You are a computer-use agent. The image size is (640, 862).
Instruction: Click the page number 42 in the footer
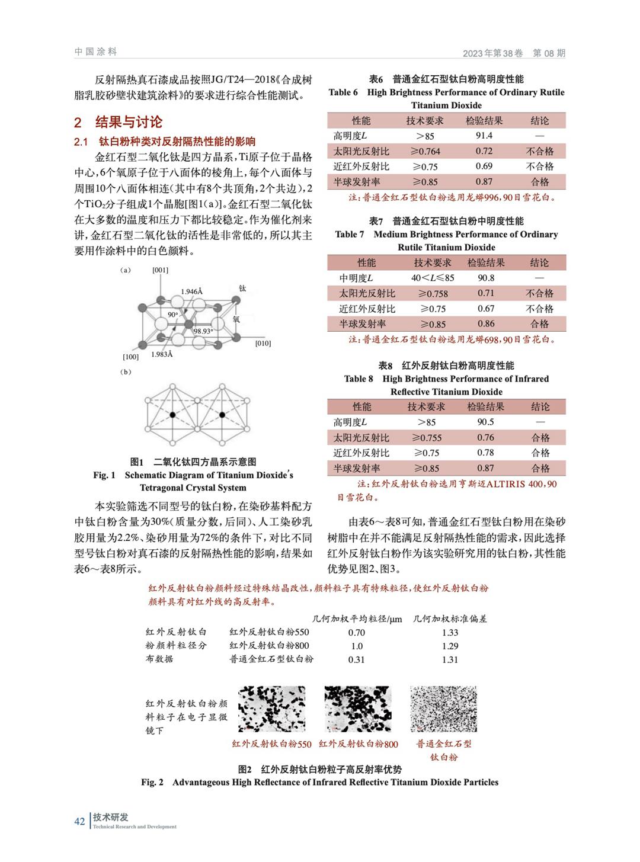point(79,821)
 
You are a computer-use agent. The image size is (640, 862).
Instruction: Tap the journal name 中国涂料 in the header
point(96,52)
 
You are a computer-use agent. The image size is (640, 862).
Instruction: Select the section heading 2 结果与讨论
point(118,122)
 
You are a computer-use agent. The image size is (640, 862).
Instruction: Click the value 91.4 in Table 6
point(484,136)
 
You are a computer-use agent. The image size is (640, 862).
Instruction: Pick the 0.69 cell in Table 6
point(484,166)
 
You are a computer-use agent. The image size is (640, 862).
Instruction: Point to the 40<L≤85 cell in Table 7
point(433,278)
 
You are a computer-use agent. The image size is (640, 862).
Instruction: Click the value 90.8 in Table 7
point(486,278)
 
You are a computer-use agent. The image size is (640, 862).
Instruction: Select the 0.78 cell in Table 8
point(485,453)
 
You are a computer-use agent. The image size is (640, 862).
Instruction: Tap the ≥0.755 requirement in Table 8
point(426,438)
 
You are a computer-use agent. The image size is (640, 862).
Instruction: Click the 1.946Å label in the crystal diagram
point(191,291)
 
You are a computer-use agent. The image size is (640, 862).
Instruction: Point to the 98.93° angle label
point(203,331)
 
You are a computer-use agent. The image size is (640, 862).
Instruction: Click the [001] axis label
point(160,270)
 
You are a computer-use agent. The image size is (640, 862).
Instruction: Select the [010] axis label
point(263,344)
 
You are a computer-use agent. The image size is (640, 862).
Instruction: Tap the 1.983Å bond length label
point(162,354)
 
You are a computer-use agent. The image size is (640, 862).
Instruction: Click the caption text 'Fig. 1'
point(104,475)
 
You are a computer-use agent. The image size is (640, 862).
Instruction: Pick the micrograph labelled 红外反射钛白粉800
point(358,709)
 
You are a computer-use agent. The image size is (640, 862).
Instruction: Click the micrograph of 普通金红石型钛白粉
point(443,709)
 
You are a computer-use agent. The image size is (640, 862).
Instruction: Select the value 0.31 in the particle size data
point(356,659)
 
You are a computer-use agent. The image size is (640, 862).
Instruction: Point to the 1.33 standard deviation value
point(450,633)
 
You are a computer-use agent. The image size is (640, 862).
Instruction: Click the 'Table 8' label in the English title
point(359,379)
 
